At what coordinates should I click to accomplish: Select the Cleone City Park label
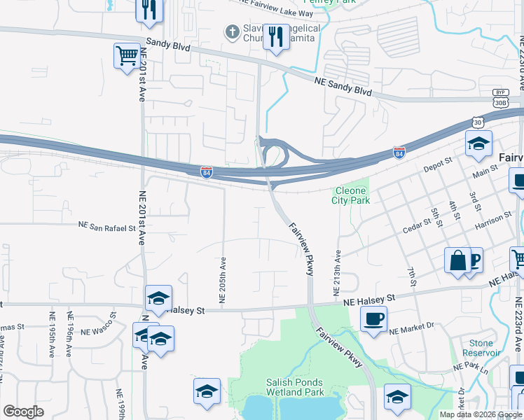[350, 195]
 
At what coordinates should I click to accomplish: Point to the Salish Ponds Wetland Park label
[294, 387]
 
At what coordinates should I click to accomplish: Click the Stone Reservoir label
[481, 348]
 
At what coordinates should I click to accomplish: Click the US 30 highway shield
[478, 122]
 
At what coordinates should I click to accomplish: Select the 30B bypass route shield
[500, 102]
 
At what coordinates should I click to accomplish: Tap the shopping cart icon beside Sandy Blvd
[127, 55]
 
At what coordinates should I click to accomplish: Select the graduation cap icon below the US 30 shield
[478, 144]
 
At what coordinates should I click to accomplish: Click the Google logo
[23, 412]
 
